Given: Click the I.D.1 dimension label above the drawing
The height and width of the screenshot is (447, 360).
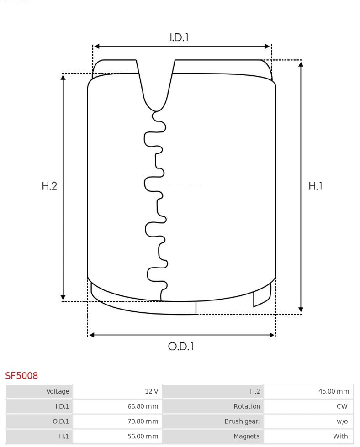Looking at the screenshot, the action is pos(179,37).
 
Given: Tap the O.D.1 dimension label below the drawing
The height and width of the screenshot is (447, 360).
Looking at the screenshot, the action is pos(181,347).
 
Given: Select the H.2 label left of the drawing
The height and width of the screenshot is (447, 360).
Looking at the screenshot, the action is pos(49,186).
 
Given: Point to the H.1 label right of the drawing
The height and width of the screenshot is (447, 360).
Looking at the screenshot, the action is pos(316,186).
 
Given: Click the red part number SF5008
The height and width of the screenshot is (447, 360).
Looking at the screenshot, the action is pos(21,376).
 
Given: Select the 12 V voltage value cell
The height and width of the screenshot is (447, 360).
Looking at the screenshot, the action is pos(152,391).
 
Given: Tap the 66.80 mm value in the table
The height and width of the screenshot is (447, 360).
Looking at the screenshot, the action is pos(143,406).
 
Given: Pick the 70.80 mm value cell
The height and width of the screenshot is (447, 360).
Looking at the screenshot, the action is pos(143,421).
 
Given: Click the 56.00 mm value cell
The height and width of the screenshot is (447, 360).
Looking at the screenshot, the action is pos(143,436).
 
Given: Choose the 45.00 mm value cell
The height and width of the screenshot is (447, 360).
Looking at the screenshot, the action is pos(334,391).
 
